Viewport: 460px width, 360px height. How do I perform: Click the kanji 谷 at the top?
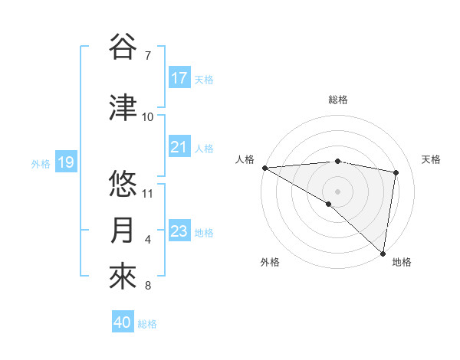123,47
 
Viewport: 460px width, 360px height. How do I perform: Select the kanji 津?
123,108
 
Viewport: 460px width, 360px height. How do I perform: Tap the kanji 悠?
123,185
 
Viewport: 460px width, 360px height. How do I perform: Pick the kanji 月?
123,231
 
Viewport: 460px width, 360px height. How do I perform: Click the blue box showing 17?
179,78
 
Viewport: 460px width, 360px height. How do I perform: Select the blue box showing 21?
179,147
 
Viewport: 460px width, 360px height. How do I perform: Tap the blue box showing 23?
179,231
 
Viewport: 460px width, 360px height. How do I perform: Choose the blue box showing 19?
66,162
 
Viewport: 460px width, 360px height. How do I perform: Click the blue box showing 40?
123,323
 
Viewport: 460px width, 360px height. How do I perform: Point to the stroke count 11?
148,193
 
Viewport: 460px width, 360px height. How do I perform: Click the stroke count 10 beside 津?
148,116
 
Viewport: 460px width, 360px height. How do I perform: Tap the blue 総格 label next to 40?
148,324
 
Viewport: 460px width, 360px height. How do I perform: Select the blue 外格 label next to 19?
41,163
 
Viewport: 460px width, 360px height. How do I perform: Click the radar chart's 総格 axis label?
337,100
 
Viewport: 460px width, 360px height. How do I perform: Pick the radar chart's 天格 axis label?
432,159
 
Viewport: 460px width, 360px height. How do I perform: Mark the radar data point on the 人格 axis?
264,168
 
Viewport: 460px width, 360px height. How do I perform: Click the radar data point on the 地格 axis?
383,253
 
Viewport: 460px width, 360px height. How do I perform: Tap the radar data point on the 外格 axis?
329,204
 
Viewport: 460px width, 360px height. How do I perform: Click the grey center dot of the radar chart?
337,191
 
